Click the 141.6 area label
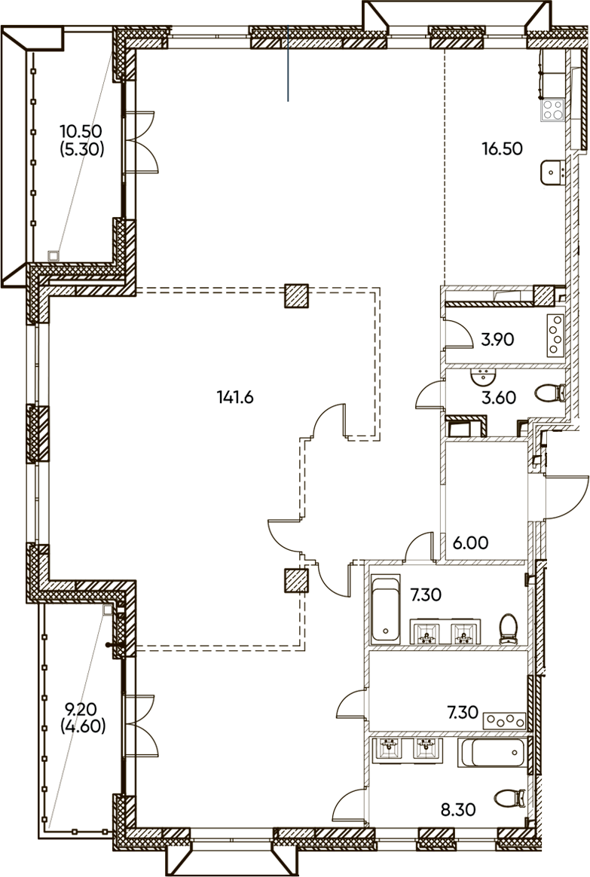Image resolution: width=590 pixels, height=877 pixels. point(235,397)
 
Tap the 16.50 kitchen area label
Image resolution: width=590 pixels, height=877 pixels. point(502,148)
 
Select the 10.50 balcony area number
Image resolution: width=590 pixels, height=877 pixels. point(81,131)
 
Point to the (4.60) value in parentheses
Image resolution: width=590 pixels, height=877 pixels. point(83,726)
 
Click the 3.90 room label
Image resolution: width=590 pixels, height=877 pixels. point(497,339)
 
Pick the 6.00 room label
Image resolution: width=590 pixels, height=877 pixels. point(470,542)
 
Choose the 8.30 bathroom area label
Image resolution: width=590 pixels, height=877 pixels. point(458,809)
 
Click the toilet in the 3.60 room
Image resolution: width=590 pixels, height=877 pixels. point(550,393)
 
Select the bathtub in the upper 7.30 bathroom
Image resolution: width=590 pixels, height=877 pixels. point(386,609)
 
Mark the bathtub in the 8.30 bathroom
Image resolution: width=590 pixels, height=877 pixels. point(492,752)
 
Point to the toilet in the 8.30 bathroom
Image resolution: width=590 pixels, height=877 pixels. point(510,798)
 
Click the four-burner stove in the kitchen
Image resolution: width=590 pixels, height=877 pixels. point(553,110)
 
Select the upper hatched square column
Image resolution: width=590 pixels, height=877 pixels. point(296,296)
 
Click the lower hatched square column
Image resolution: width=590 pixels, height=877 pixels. point(296,581)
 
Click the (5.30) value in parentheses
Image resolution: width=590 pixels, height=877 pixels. point(81,149)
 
